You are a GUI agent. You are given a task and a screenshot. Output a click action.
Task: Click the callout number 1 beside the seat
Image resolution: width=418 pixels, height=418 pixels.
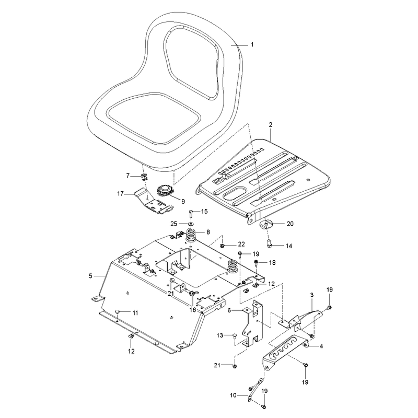point(252,44)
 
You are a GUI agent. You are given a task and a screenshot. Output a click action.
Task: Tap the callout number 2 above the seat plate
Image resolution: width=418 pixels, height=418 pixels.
point(271,124)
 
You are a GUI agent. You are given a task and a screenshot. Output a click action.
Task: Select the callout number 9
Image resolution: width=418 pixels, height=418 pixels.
point(183,202)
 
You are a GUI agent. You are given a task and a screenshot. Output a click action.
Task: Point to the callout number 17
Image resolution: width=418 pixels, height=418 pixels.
point(121,193)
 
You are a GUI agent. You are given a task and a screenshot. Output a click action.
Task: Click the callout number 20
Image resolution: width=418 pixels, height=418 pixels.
point(290,224)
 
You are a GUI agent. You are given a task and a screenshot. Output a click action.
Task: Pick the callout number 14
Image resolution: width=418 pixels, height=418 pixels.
point(289,246)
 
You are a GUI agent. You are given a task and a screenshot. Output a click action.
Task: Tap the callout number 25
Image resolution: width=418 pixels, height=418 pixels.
point(174,224)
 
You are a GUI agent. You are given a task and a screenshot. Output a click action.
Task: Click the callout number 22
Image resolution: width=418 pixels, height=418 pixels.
point(241,244)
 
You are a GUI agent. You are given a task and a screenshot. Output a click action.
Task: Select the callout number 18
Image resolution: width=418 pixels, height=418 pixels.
point(272,263)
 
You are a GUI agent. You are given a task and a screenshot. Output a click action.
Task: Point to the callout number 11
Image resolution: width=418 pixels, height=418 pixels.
point(135,312)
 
